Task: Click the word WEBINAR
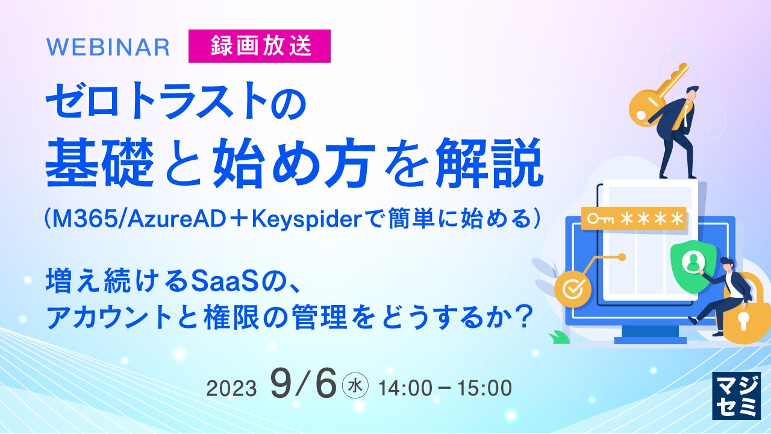click(108, 47)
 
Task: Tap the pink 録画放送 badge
click(260, 46)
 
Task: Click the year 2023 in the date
click(232, 389)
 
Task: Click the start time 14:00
click(405, 388)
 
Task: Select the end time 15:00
click(484, 388)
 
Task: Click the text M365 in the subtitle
click(86, 219)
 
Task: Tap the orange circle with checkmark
click(573, 289)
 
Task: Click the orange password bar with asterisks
click(634, 218)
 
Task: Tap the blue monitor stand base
click(651, 341)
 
